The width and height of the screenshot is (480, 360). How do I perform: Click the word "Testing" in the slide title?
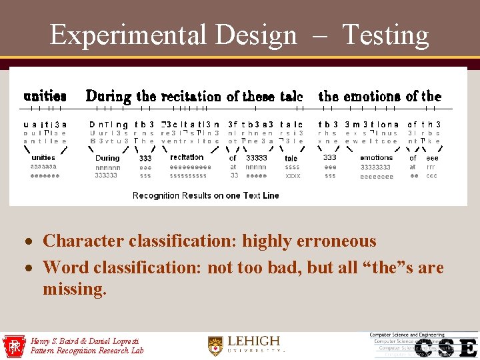pos(385,35)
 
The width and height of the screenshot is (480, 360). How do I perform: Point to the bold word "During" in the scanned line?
pos(109,97)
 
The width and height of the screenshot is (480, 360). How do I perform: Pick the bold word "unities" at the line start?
pos(45,97)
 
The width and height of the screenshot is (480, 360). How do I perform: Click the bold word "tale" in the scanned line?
pos(291,97)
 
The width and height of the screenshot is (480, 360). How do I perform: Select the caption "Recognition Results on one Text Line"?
pos(205,195)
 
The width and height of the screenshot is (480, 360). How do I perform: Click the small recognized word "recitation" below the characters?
pos(187,157)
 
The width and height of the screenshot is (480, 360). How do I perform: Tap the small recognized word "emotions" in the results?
pos(377,158)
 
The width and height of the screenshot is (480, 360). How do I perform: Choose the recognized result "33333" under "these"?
pos(257,158)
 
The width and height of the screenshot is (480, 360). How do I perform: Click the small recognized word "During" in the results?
pos(107,158)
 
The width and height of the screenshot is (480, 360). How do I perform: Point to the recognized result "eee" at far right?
pos(432,158)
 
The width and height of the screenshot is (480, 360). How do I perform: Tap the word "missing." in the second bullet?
pos(74,289)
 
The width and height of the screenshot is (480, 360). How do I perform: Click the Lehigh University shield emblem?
pos(215,345)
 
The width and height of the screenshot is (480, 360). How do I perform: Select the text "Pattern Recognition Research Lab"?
pos(87,351)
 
